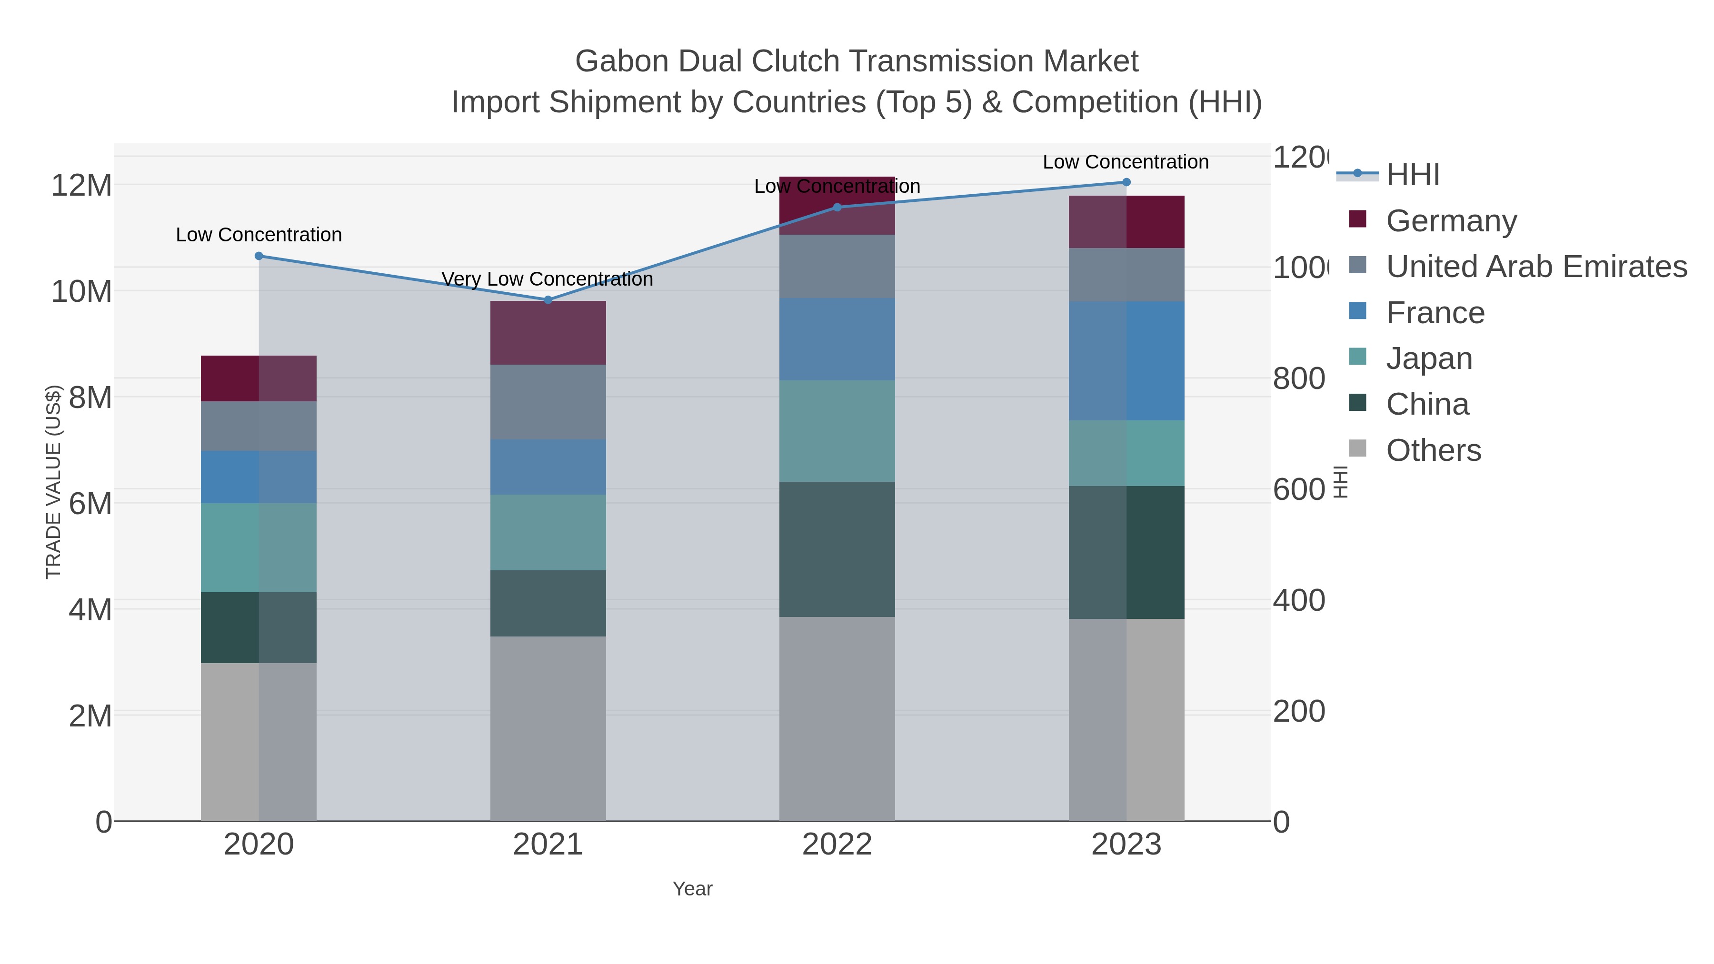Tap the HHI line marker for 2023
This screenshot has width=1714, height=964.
[x=1126, y=182]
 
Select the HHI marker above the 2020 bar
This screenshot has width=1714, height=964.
[x=259, y=256]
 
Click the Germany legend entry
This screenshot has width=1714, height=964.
[x=1451, y=221]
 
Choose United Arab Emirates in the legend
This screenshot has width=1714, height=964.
[x=1535, y=267]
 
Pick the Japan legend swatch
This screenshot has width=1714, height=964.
[x=1357, y=357]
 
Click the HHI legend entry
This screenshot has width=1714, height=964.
[x=1413, y=175]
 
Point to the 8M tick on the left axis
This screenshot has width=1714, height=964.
[x=90, y=398]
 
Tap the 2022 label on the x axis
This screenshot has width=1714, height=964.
[x=837, y=845]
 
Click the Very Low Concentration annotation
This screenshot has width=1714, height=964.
[x=547, y=279]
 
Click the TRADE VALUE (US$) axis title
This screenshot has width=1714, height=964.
[x=53, y=482]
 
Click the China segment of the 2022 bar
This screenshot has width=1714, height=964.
[x=837, y=549]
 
